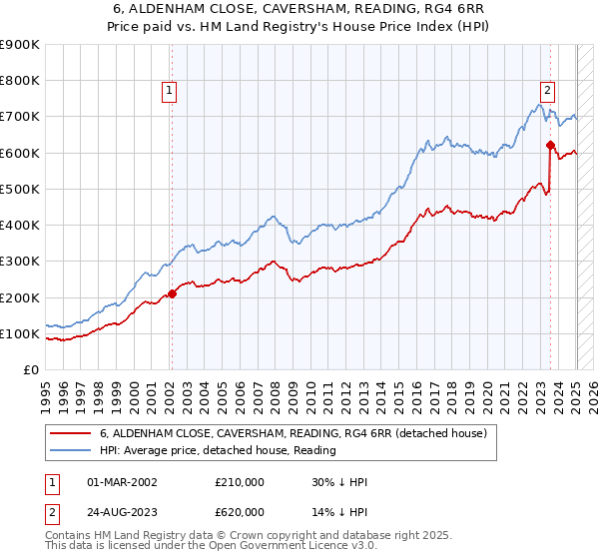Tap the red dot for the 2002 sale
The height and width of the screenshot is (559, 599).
click(x=172, y=293)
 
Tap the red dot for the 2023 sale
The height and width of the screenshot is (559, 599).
click(x=550, y=146)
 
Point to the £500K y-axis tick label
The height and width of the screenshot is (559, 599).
click(x=20, y=189)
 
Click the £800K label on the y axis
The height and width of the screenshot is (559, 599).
click(x=20, y=81)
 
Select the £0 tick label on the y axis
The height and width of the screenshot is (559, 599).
click(x=31, y=369)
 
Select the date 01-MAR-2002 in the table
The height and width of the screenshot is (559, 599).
click(x=123, y=482)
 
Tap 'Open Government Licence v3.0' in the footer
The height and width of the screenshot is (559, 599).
click(x=299, y=548)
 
